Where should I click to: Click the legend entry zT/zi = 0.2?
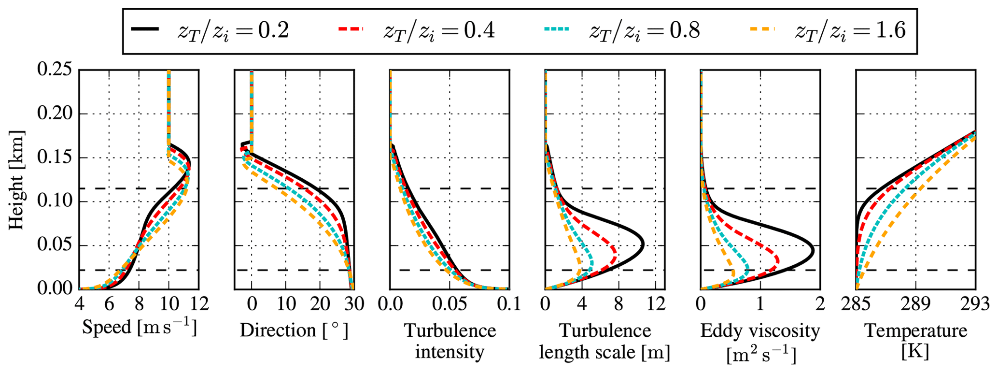(x=210, y=31)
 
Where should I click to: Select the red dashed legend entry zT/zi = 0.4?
(x=415, y=31)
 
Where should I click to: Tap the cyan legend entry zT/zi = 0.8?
(x=620, y=31)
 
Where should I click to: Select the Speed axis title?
(x=139, y=328)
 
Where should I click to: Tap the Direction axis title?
(x=294, y=330)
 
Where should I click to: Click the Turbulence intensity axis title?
(x=450, y=341)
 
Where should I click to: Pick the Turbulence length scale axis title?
(x=604, y=341)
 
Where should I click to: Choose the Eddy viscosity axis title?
(x=760, y=342)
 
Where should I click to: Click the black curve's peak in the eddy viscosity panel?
(x=814, y=250)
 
